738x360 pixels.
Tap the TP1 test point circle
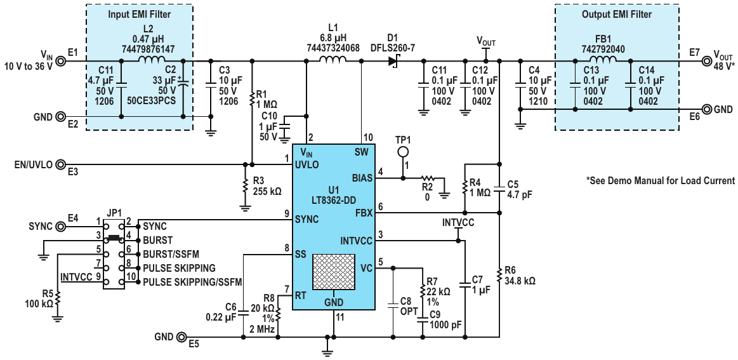point(402,152)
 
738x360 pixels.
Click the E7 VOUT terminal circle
point(706,61)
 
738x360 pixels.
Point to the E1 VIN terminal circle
point(60,61)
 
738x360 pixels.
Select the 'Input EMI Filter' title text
point(140,15)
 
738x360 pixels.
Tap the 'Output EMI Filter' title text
point(617,15)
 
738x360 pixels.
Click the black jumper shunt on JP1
point(113,238)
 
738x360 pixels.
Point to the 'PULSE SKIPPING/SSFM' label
point(192,283)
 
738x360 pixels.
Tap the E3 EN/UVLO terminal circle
point(60,164)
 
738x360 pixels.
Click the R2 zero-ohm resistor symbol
point(427,178)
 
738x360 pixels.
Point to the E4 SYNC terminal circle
point(60,227)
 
